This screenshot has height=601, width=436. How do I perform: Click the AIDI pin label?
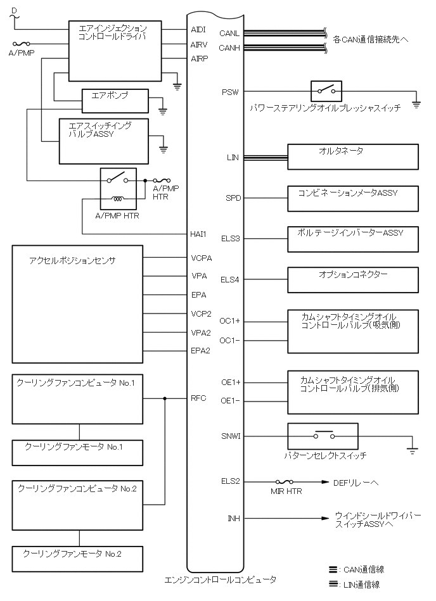pyautogui.click(x=198, y=30)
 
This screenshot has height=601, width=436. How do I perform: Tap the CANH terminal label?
pyautogui.click(x=229, y=48)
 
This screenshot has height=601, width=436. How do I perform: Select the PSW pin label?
pyautogui.click(x=230, y=92)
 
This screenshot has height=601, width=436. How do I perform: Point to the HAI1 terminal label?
pyautogui.click(x=198, y=234)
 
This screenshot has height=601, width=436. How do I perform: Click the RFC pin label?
pyautogui.click(x=198, y=398)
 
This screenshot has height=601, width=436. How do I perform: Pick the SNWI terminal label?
pyautogui.click(x=230, y=436)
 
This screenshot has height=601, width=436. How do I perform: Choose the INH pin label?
pyautogui.click(x=233, y=519)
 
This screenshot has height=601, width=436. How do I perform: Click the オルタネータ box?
pyautogui.click(x=353, y=156)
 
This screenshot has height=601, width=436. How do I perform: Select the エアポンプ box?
pyautogui.click(x=115, y=101)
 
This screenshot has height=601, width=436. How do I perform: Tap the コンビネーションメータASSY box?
pyautogui.click(x=353, y=198)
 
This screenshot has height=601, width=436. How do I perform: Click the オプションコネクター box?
pyautogui.click(x=353, y=280)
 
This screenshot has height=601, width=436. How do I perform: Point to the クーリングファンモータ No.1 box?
pyautogui.click(x=78, y=452)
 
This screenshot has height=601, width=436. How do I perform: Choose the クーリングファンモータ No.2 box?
pyautogui.click(x=78, y=558)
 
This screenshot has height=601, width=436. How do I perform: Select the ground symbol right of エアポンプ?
pyautogui.click(x=163, y=110)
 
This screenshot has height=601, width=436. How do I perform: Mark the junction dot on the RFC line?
pyautogui.click(x=165, y=398)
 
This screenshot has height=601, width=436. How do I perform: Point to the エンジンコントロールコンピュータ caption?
pyautogui.click(x=221, y=579)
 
